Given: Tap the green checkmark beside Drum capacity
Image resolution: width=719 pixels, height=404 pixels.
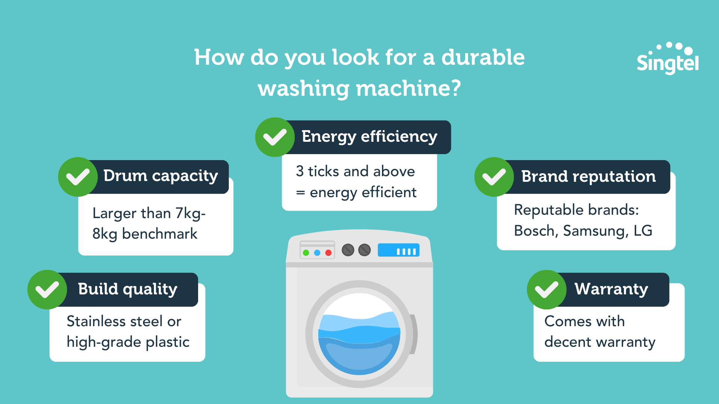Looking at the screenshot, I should click(78, 177).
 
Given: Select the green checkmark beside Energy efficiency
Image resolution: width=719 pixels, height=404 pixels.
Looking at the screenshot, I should click(275, 137).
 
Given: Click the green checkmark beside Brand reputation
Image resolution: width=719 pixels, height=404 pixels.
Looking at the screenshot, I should click(494, 177).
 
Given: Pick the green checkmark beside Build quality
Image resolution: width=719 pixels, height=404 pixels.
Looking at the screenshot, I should click(47, 290).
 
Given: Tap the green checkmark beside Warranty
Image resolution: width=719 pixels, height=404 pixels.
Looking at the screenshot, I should click(546, 290).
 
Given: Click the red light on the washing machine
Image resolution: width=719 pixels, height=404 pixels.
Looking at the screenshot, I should click(328, 253).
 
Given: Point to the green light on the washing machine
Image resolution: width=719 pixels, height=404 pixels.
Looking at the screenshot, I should click(306, 253).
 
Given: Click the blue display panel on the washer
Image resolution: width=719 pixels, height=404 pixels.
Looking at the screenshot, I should click(398, 250).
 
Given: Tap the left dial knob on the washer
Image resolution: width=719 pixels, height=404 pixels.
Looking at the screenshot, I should click(348, 250).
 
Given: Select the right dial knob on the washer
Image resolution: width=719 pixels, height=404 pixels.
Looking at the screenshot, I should click(364, 250).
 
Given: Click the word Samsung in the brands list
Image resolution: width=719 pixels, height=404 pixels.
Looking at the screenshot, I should click(595, 231).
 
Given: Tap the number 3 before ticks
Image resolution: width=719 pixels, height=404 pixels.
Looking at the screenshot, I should click(300, 171).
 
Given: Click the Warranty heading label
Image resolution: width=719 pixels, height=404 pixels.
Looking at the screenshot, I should click(611, 289).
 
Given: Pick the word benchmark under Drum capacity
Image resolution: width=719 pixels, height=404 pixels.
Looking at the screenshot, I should click(160, 234).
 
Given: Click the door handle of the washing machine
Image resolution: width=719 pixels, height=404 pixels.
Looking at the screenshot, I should click(413, 334).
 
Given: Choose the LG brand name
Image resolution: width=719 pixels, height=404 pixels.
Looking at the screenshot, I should click(643, 231).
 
